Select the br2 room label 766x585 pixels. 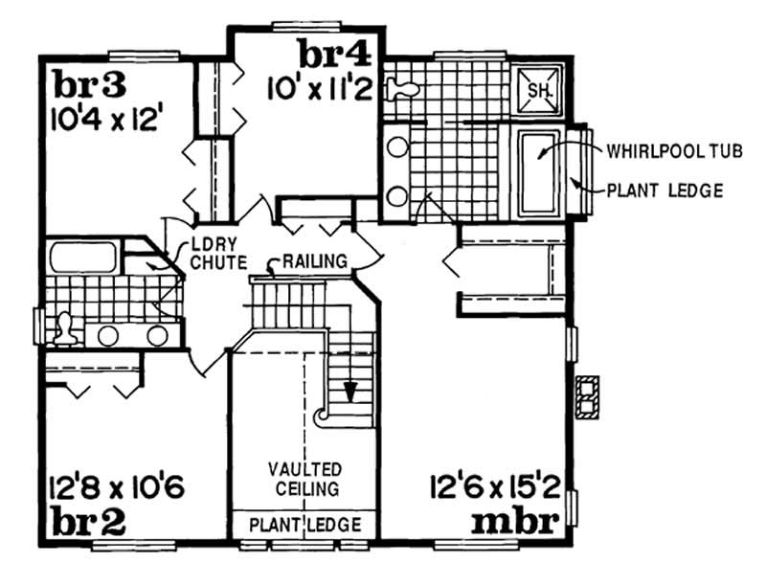click(x=81, y=525)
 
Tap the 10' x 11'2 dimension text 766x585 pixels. click(x=320, y=89)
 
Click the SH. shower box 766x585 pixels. click(x=538, y=90)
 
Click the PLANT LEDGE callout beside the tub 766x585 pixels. click(x=665, y=191)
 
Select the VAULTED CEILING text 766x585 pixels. click(x=305, y=479)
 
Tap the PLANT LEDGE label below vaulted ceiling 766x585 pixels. click(x=305, y=525)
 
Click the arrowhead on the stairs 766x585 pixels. click(x=350, y=392)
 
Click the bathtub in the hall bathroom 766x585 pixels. click(x=84, y=258)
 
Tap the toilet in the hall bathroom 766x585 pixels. click(x=63, y=328)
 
